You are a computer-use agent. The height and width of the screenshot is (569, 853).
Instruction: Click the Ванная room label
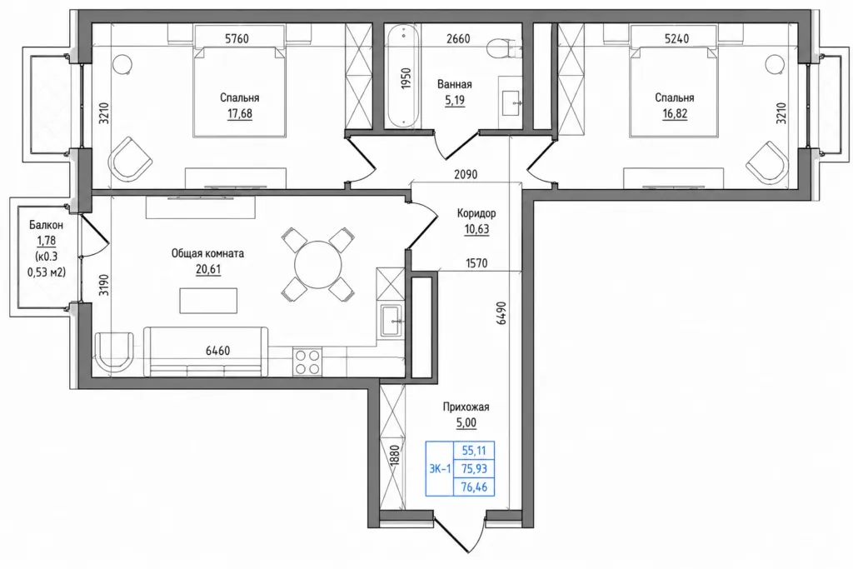(454, 84)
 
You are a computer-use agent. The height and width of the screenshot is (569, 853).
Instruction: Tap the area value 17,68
(239, 113)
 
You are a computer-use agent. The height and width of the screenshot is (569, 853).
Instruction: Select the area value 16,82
(675, 113)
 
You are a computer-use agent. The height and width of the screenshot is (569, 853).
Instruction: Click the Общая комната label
(207, 253)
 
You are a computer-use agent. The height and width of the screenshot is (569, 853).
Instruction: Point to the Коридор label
(476, 213)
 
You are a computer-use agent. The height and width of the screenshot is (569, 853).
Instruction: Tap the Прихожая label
(466, 407)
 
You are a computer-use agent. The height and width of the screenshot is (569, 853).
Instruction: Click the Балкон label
(47, 225)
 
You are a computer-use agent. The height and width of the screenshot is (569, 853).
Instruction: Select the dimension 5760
(237, 38)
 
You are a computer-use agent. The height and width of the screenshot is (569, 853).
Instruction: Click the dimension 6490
(501, 313)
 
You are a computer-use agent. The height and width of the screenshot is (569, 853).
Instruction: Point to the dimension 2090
(466, 175)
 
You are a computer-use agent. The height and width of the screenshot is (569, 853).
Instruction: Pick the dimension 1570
(476, 263)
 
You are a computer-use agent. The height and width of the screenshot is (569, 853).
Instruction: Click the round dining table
(318, 265)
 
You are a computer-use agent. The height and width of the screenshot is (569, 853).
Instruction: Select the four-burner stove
(307, 362)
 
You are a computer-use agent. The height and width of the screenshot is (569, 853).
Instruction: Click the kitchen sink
(392, 321)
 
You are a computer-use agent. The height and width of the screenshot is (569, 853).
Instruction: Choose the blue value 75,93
(474, 468)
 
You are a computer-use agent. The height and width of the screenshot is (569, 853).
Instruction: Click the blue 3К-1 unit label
(440, 468)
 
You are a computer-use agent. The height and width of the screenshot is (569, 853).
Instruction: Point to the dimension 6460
(217, 351)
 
